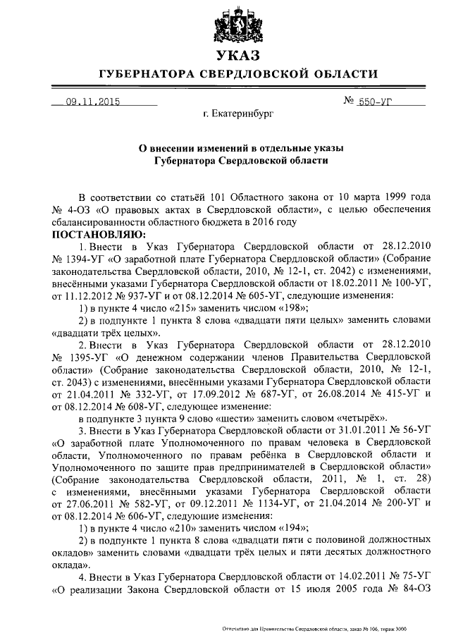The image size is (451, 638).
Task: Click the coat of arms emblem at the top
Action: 237,24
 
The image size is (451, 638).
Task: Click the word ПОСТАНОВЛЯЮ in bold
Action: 95,233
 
